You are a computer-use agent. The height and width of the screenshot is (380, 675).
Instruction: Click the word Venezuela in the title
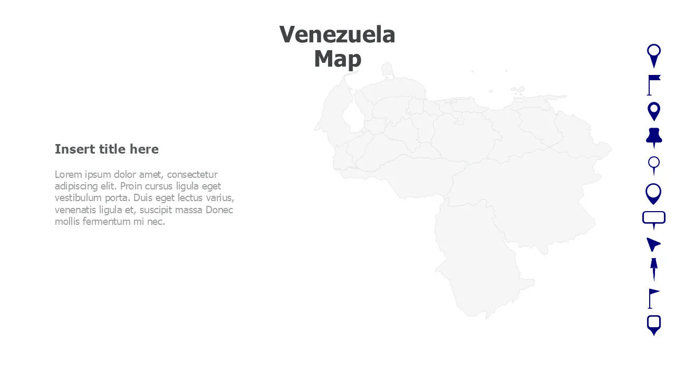tap(337, 35)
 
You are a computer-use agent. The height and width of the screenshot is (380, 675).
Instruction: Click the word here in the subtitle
tap(144, 149)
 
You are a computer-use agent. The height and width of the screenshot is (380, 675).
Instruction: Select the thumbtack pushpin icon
tap(654, 137)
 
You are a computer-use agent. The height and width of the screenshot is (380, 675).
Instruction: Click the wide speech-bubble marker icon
tap(654, 218)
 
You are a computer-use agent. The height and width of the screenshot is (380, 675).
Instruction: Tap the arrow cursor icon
tap(653, 244)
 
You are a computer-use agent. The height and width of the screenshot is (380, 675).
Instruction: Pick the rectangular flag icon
tap(653, 84)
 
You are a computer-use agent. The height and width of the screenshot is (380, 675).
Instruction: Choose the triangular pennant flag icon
tap(653, 298)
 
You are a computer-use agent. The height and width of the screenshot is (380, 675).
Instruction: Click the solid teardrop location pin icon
tap(654, 111)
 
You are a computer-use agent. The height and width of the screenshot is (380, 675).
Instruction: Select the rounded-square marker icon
tap(654, 324)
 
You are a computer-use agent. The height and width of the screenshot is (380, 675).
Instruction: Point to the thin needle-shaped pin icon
tap(654, 269)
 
